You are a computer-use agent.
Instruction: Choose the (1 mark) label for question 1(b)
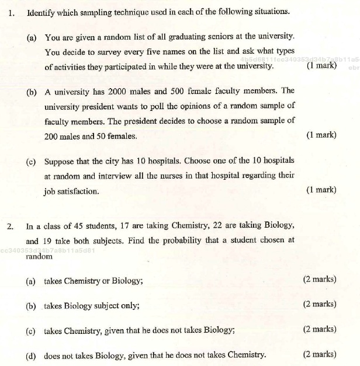(321, 135)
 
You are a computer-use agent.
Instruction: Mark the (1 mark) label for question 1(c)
(321, 190)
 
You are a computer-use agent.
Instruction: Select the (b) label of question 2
(31, 305)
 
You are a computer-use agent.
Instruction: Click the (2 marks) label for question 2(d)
(320, 354)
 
